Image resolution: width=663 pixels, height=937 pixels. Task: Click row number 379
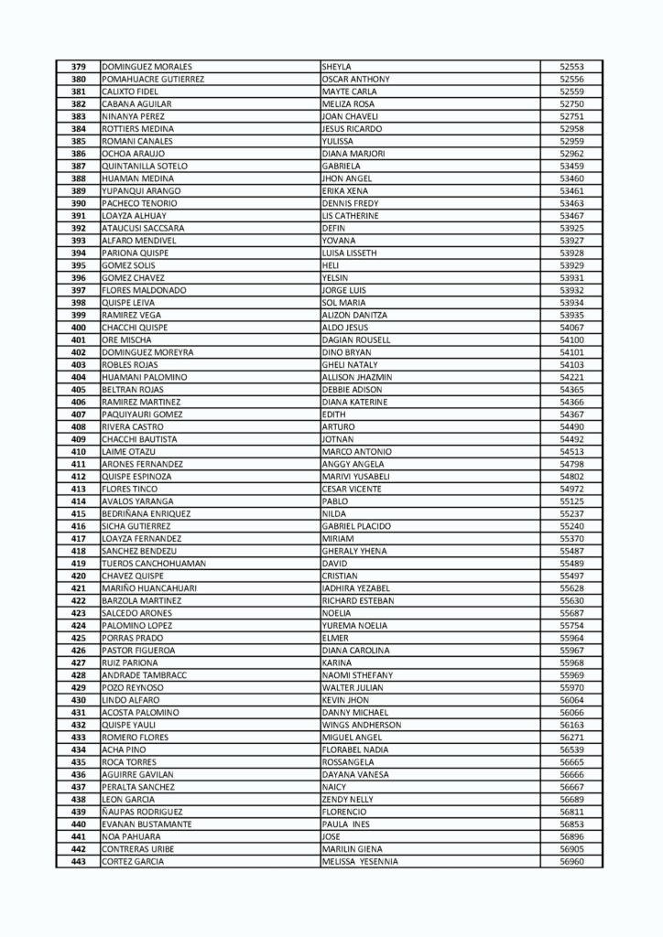[x=78, y=67]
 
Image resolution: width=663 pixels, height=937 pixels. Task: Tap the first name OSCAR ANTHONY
[x=356, y=80]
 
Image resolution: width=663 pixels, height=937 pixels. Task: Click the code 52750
[x=571, y=104]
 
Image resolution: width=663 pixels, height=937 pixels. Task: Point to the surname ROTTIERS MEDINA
[x=138, y=129]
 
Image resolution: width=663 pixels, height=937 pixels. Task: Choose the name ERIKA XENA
[x=344, y=191]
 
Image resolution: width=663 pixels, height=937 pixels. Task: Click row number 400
[x=78, y=328]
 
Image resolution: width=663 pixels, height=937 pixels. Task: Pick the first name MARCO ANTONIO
[x=357, y=452]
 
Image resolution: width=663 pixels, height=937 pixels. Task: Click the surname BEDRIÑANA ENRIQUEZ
[x=147, y=514]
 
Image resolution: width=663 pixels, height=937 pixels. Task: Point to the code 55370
[x=571, y=539]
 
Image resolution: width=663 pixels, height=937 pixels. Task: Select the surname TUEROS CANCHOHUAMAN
[x=153, y=564]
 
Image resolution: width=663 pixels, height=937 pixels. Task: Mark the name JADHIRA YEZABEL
[x=356, y=588]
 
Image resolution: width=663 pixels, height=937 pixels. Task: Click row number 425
[x=78, y=638]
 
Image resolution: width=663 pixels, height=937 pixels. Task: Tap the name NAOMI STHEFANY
[x=358, y=675]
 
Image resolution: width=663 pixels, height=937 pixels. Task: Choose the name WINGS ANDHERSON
[x=362, y=725]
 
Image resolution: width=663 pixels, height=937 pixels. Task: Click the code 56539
[x=571, y=749]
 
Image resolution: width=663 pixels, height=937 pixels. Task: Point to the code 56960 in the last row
[x=571, y=861]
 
